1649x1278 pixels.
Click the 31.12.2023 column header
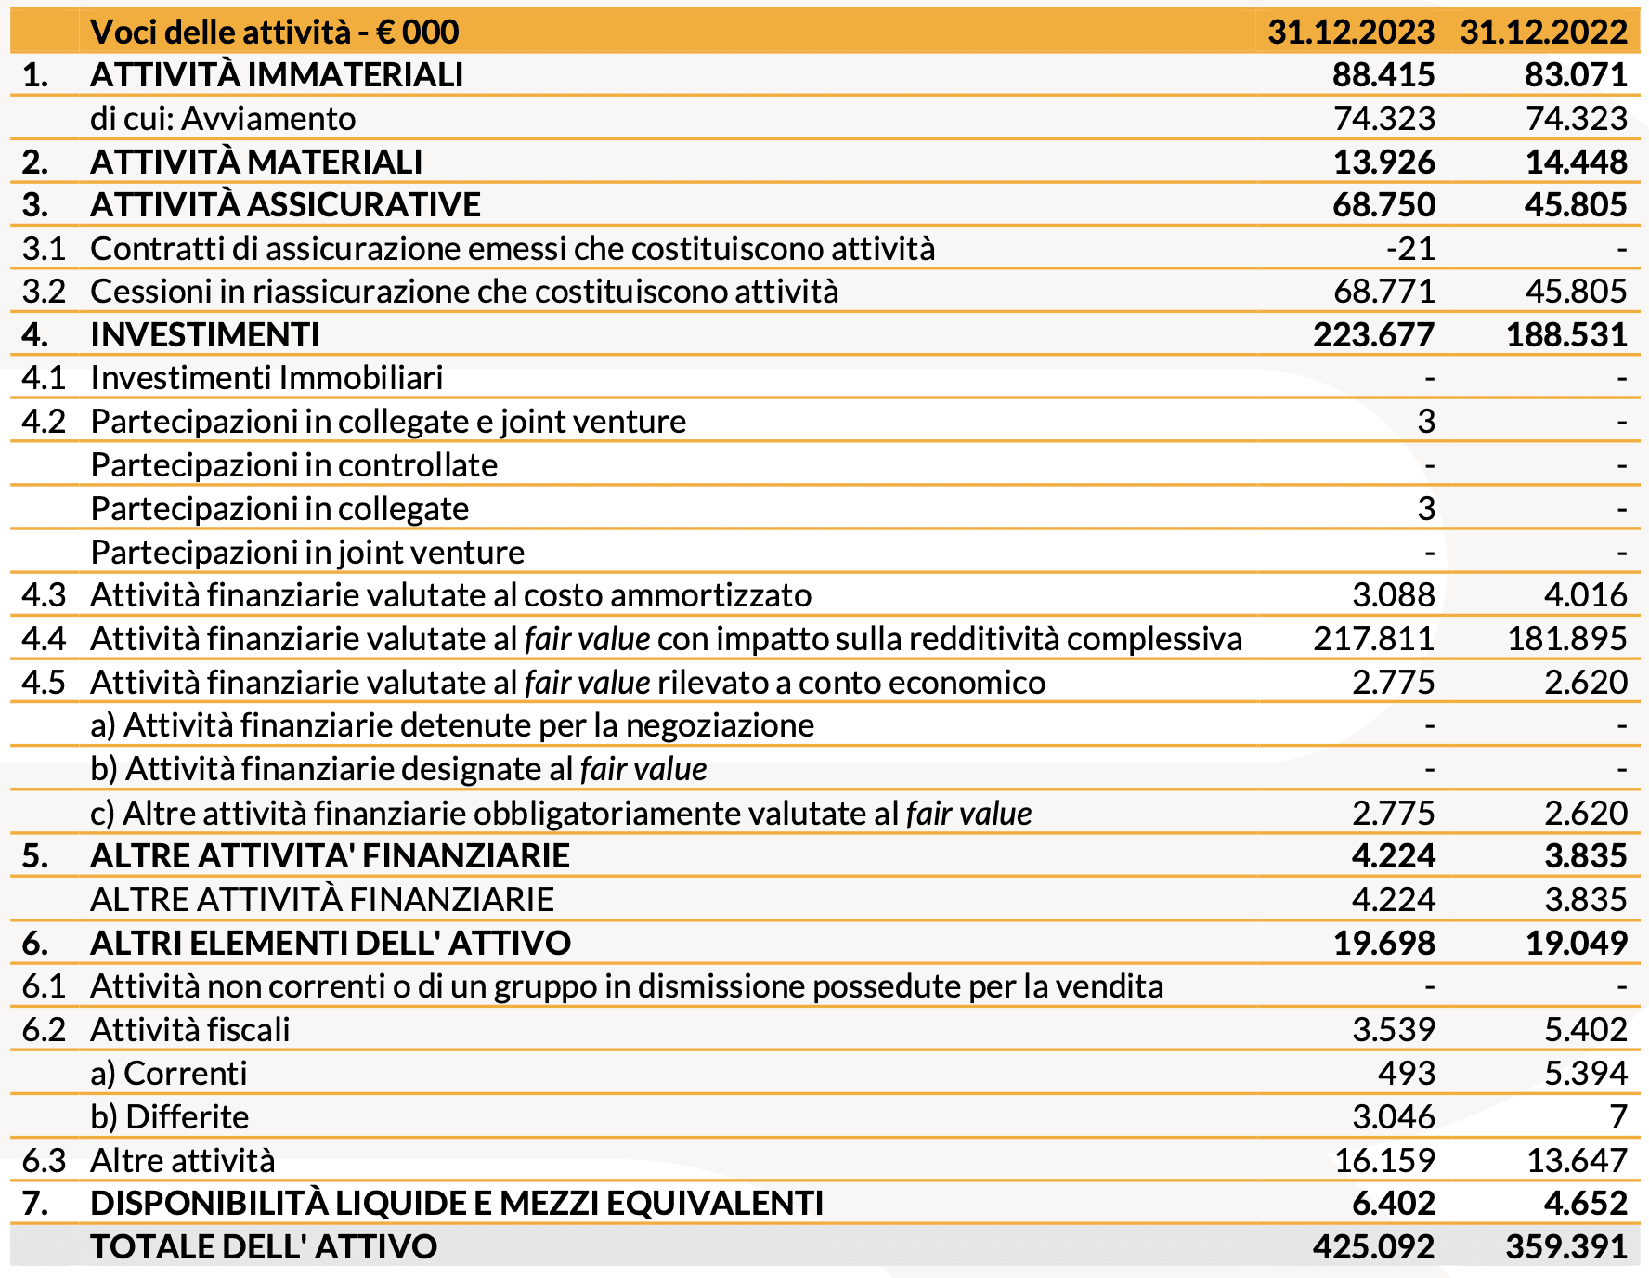[x=1351, y=32]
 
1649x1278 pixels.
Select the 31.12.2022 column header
[x=1543, y=32]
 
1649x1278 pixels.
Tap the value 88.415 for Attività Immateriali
[x=1383, y=74]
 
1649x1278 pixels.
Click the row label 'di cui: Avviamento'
[x=223, y=119]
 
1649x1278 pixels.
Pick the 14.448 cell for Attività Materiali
[x=1576, y=162]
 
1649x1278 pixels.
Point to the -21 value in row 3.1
[x=1410, y=249]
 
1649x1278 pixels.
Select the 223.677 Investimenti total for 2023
[x=1374, y=334]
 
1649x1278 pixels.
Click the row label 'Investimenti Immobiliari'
[x=266, y=378]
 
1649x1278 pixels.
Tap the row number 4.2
[x=44, y=422]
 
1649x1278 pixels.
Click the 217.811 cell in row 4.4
[x=1374, y=639]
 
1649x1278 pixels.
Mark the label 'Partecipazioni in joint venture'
[x=307, y=553]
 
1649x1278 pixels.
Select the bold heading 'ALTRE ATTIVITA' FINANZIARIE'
[x=330, y=855]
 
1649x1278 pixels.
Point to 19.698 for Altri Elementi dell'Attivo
[x=1383, y=943]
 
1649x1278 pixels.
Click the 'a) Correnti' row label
[x=169, y=1074]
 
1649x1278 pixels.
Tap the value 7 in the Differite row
[x=1618, y=1116]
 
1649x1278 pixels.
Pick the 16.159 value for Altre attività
[x=1384, y=1160]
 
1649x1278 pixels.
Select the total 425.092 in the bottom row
[x=1374, y=1246]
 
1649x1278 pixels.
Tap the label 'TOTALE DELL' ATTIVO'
[x=264, y=1246]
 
